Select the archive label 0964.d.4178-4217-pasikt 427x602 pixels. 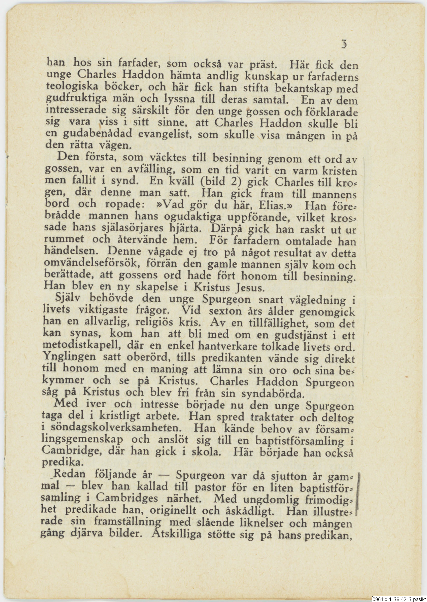click(399, 599)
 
